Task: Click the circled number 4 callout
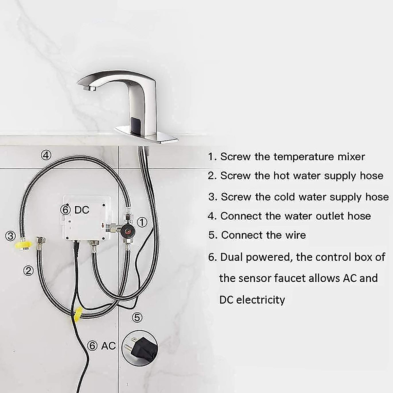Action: tap(46, 155)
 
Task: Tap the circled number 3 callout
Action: tap(10, 235)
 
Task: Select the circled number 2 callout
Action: tap(28, 271)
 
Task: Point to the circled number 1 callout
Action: tap(141, 222)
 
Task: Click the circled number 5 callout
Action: tap(137, 317)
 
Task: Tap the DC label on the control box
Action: tap(82, 210)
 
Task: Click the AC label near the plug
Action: tap(108, 346)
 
